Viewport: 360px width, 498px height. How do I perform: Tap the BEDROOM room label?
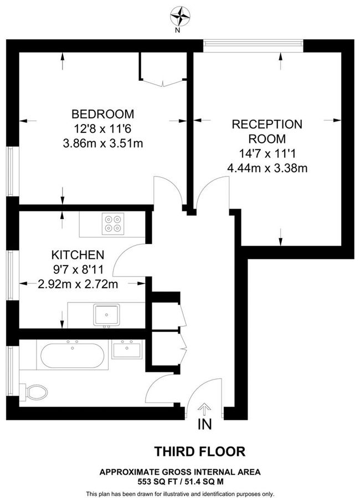pyautogui.click(x=103, y=115)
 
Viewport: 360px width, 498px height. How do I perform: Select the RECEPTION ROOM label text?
pyautogui.click(x=266, y=131)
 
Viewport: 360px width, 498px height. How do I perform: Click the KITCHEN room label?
pyautogui.click(x=78, y=255)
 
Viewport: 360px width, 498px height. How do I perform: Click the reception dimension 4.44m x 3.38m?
pyautogui.click(x=266, y=168)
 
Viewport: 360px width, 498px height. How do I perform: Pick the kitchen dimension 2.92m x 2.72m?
pyautogui.click(x=78, y=284)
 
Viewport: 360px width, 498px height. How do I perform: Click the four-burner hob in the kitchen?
pyautogui.click(x=114, y=222)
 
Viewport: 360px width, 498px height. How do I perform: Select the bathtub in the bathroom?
pyautogui.click(x=71, y=355)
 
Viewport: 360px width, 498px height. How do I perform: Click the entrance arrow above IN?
pyautogui.click(x=204, y=410)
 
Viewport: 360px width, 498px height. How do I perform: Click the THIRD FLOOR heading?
pyautogui.click(x=199, y=452)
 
